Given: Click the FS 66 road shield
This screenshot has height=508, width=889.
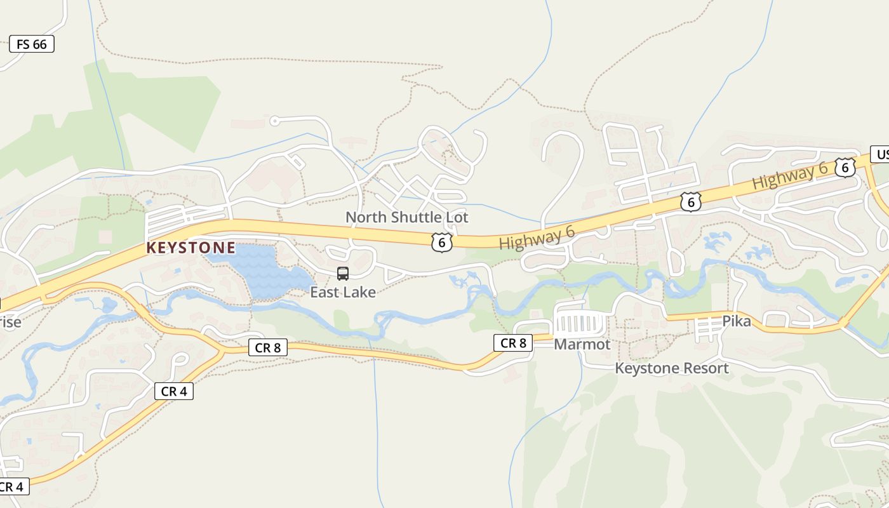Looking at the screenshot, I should tap(31, 44).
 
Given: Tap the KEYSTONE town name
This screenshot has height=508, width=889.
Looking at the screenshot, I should tap(190, 248).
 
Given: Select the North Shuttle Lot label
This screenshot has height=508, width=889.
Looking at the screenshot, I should tap(406, 217).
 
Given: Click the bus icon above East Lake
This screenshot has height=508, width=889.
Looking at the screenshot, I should tap(343, 274).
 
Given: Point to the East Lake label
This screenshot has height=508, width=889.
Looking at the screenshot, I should tap(343, 292).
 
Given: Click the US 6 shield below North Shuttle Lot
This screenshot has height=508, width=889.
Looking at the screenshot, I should tap(442, 242).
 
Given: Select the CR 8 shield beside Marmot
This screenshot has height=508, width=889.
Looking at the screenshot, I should tap(513, 343).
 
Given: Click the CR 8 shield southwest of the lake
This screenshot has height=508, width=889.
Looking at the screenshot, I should tap(268, 347).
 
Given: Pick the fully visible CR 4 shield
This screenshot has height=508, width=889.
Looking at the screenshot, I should tap(173, 391).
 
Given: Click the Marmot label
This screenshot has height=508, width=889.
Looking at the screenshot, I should tap(582, 344).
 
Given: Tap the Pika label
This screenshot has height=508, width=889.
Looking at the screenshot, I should tap(737, 321).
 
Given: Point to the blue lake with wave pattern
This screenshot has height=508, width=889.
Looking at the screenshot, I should tap(267, 270).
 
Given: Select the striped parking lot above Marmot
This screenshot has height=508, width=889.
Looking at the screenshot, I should tap(579, 323).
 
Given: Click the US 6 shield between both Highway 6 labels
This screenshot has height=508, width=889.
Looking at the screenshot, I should tap(690, 201).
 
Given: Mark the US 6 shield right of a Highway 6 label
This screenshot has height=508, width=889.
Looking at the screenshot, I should tap(845, 168).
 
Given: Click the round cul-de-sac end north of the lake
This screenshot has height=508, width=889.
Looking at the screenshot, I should tap(274, 121).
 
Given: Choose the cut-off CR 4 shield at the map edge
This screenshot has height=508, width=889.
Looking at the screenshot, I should tap(11, 487).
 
